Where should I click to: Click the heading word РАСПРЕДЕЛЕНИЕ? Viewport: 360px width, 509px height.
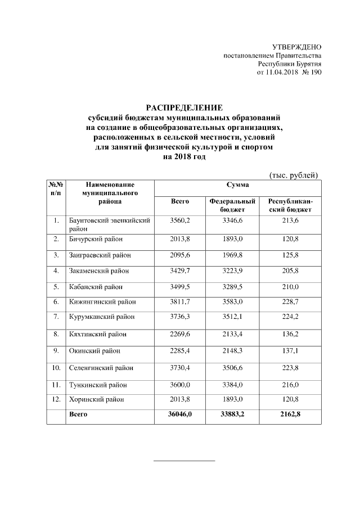pyautogui.click(x=184, y=107)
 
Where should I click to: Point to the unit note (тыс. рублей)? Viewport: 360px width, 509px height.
pyautogui.click(x=294, y=175)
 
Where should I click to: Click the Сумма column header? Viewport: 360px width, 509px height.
pyautogui.click(x=237, y=185)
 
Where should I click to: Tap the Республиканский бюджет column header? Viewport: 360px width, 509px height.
pyautogui.click(x=290, y=205)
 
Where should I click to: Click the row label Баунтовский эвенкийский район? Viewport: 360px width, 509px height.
pyautogui.click(x=109, y=225)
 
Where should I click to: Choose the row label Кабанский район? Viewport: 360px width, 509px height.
pyautogui.click(x=93, y=286)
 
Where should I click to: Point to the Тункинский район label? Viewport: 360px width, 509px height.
pyautogui.click(x=94, y=385)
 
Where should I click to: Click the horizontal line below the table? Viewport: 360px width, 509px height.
pyautogui.click(x=184, y=461)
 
